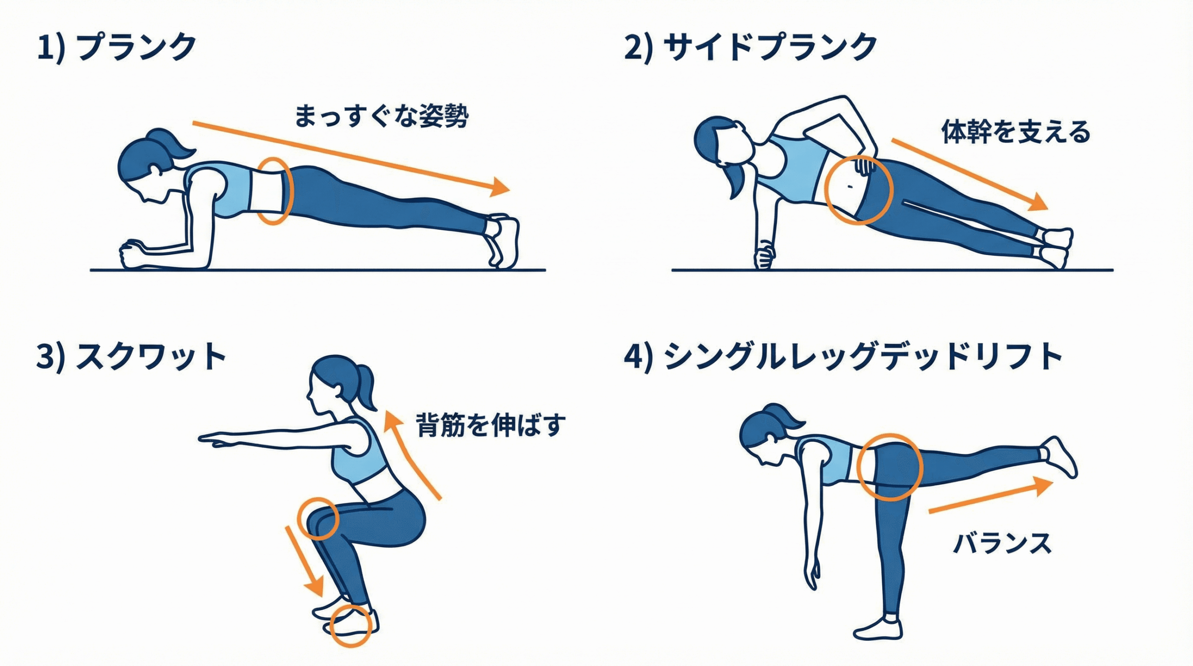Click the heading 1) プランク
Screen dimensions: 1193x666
pyautogui.click(x=117, y=47)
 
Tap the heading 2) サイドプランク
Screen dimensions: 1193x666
pyautogui.click(x=751, y=47)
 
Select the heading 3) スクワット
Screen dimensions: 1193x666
pyautogui.click(x=131, y=357)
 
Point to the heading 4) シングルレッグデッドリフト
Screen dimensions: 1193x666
pyautogui.click(x=843, y=357)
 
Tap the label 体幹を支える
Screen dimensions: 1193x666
pyautogui.click(x=1016, y=131)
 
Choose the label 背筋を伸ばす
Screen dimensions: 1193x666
pyautogui.click(x=491, y=425)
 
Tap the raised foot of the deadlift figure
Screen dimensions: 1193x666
pyautogui.click(x=1059, y=455)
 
